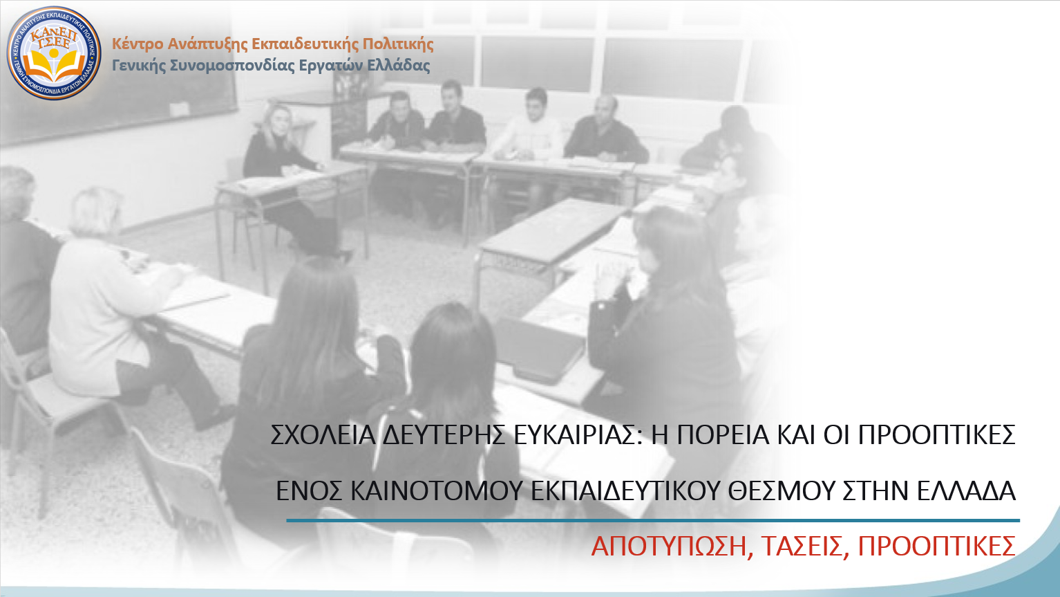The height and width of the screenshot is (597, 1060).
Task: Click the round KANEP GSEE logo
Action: (54, 53)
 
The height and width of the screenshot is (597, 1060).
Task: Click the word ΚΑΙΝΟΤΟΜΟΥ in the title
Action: (437, 491)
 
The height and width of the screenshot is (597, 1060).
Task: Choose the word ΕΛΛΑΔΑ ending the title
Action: (966, 491)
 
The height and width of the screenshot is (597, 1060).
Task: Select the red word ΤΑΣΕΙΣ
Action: (802, 547)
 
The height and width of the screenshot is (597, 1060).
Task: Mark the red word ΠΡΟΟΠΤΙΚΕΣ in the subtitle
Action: (937, 547)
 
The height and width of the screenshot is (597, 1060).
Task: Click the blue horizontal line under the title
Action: (653, 520)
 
